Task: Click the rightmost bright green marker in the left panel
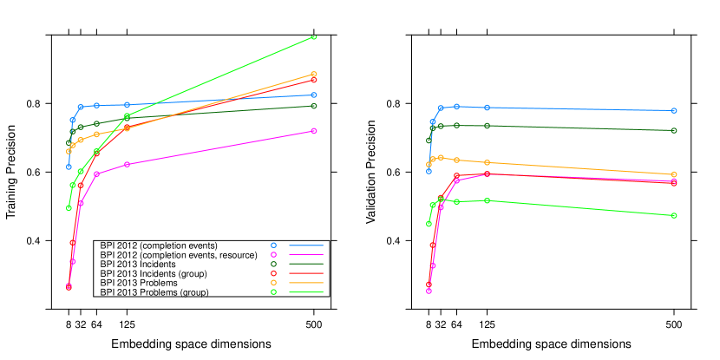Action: tap(313, 37)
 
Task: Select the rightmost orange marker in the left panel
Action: tap(313, 75)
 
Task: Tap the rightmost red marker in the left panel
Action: tap(313, 80)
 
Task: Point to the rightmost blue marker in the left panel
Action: tap(313, 95)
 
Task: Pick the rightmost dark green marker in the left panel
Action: tap(313, 106)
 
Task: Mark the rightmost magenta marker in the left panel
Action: tap(313, 131)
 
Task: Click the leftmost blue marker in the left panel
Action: tap(69, 167)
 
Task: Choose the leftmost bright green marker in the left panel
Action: tap(69, 208)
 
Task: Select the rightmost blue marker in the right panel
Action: tap(674, 111)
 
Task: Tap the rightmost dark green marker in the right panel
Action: tap(674, 130)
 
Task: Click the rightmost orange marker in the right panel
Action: tap(674, 174)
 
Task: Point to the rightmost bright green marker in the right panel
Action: tap(674, 215)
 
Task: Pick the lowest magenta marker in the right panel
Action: tap(429, 291)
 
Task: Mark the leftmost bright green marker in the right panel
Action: tap(429, 224)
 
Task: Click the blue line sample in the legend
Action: tap(306, 245)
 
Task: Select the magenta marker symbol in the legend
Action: tap(273, 254)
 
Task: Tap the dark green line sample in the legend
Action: tap(306, 264)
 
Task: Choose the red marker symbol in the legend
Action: tap(273, 273)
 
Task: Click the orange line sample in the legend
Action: tap(306, 283)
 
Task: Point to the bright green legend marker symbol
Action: tap(273, 292)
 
